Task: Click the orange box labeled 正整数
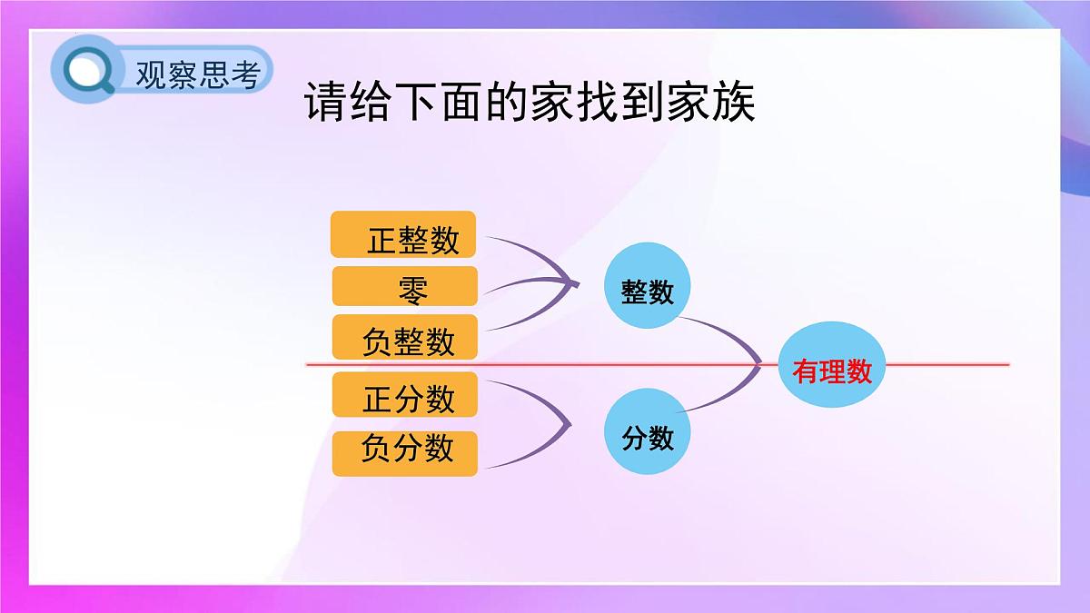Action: (403, 235)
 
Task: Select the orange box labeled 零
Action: (405, 286)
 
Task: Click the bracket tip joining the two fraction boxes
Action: (570, 423)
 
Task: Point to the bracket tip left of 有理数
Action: (759, 365)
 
